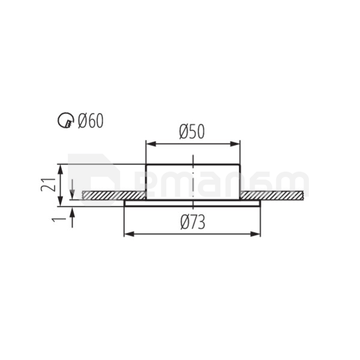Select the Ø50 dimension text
pos(192,131)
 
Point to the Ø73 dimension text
pos(192,223)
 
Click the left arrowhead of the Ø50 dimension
pos(150,144)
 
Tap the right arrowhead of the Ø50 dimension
pos(236,144)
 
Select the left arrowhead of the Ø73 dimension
pos(128,233)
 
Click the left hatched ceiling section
pos(114,196)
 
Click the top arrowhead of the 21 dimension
pos(59,168)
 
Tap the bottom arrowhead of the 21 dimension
pos(59,196)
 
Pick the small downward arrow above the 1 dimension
pos(72,187)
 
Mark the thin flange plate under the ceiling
pos(192,202)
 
